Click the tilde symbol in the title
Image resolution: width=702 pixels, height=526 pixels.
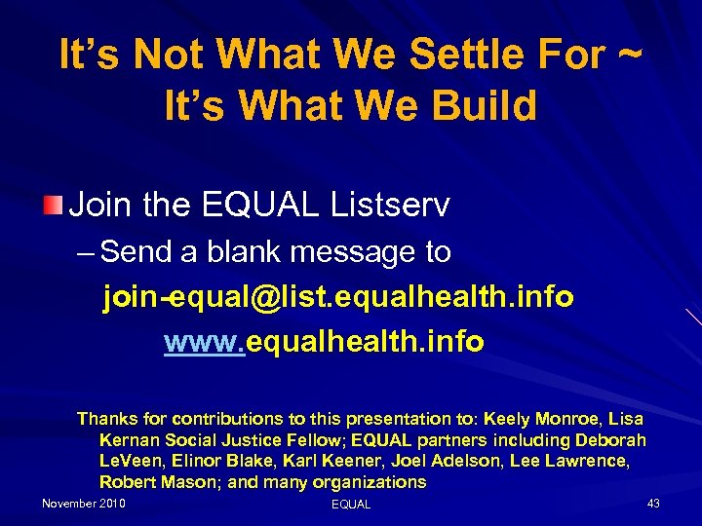[630, 56]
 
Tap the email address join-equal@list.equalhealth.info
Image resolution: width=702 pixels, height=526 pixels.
[337, 297]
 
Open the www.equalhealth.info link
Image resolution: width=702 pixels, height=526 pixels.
[324, 342]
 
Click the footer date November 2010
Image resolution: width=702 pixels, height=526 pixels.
[83, 504]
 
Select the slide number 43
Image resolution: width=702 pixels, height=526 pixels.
[653, 504]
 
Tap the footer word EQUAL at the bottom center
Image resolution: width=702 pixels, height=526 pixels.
[351, 505]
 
